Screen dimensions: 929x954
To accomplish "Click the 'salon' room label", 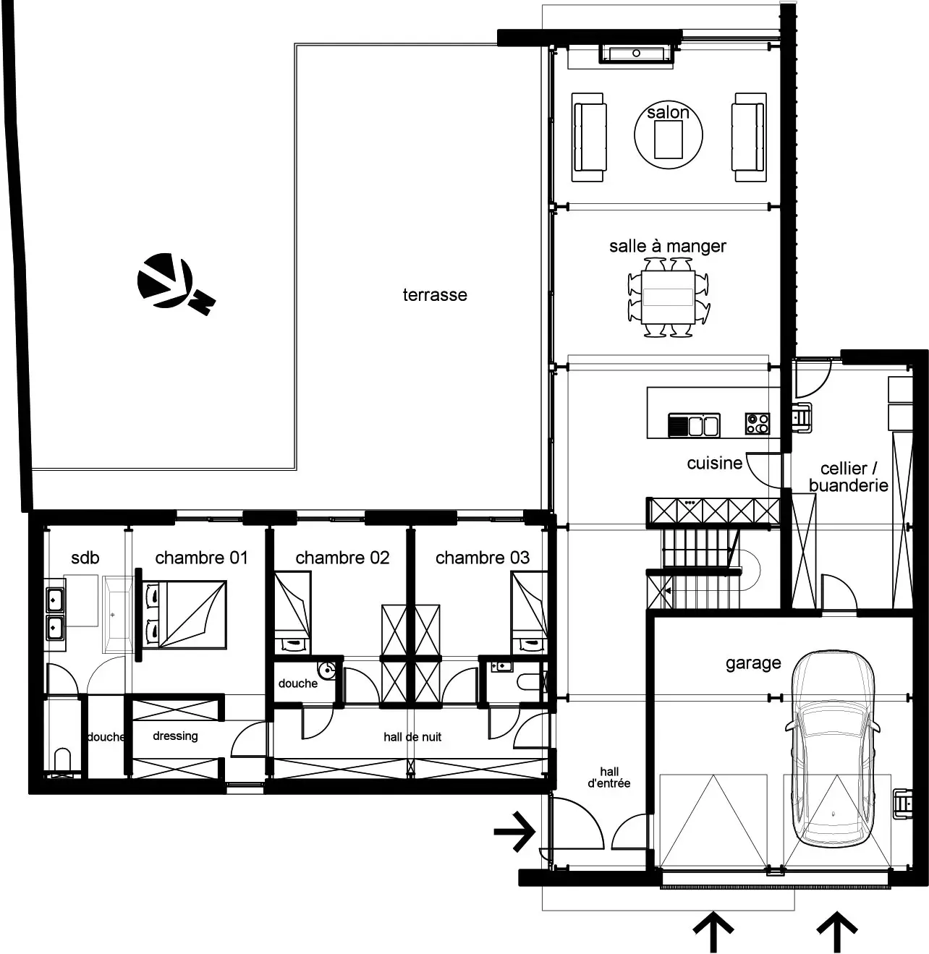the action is (668, 113).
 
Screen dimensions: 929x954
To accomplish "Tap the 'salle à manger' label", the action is (668, 246).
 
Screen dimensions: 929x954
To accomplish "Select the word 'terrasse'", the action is (435, 294).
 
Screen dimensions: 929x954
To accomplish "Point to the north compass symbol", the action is (176, 284).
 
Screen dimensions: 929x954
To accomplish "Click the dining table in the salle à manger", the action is (668, 297).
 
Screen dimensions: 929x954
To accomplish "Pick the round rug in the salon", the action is (668, 135).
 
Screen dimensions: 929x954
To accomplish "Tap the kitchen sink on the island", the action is (694, 425).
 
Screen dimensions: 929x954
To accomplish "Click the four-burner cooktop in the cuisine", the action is (758, 424).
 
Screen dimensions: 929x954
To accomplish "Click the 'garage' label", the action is (753, 663).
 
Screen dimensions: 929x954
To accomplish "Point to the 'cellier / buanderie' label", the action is (849, 477).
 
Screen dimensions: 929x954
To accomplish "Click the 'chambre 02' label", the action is (342, 558).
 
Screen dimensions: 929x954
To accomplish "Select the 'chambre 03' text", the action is (483, 558).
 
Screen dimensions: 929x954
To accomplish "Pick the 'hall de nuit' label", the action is (412, 737).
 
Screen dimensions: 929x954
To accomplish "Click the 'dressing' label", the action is (175, 736).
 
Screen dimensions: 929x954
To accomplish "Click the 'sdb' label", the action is (85, 558).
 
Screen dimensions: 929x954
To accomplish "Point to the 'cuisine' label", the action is (715, 464).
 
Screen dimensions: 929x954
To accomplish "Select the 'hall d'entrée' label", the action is (608, 778).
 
